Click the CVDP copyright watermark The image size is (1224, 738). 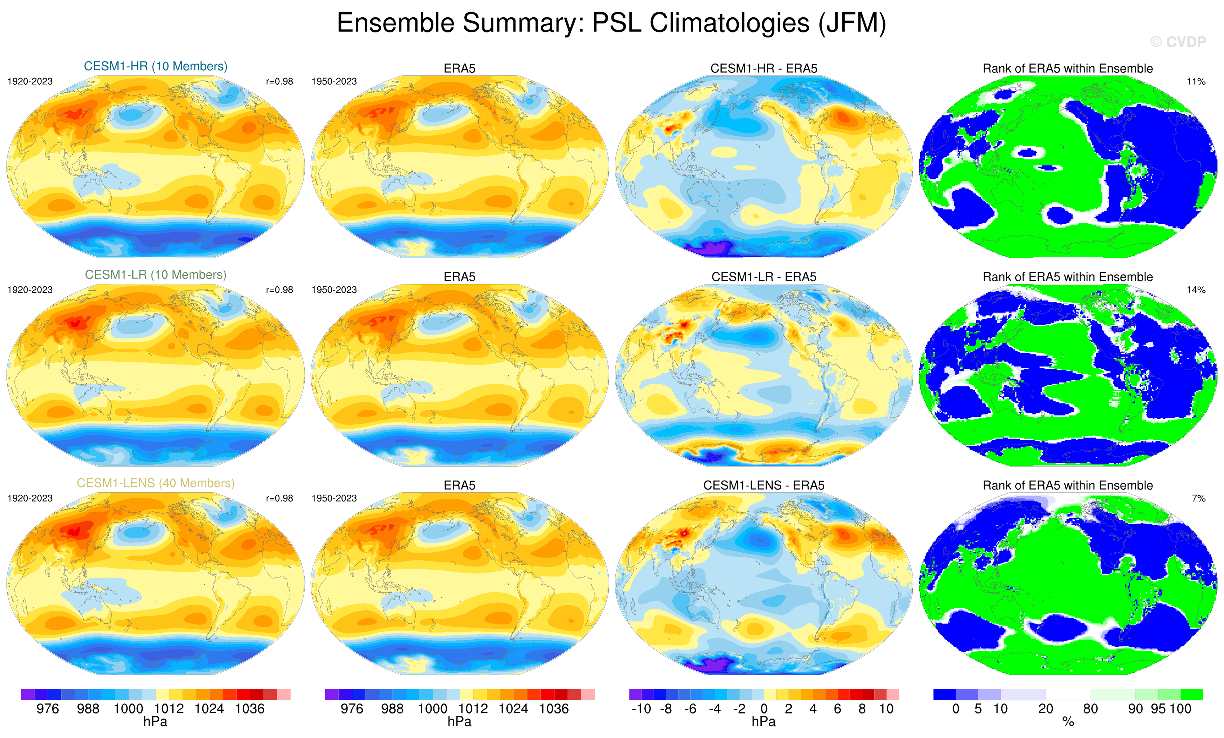pyautogui.click(x=1178, y=42)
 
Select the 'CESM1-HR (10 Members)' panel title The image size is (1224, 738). pyautogui.click(x=155, y=67)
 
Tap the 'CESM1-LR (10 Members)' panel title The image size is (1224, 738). pyautogui.click(x=155, y=275)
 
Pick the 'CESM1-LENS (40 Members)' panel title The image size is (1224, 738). pyautogui.click(x=155, y=483)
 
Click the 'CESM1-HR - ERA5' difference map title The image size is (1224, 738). pyautogui.click(x=764, y=69)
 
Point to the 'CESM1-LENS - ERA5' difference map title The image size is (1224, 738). pyautogui.click(x=764, y=485)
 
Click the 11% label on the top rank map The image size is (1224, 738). pyautogui.click(x=1196, y=81)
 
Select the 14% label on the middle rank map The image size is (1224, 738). pyautogui.click(x=1196, y=290)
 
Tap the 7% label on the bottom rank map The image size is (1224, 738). pyautogui.click(x=1198, y=498)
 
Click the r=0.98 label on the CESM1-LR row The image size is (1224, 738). pyautogui.click(x=279, y=290)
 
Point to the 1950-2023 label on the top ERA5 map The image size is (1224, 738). pyautogui.click(x=334, y=81)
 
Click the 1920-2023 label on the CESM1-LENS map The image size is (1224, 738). pyautogui.click(x=30, y=498)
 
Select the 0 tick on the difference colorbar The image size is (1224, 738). pyautogui.click(x=764, y=709)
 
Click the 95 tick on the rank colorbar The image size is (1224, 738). pyautogui.click(x=1158, y=709)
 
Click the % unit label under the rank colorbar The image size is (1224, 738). pyautogui.click(x=1068, y=722)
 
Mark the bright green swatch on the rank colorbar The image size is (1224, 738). pyautogui.click(x=1191, y=694)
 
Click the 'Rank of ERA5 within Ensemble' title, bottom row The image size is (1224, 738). pyautogui.click(x=1068, y=485)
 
